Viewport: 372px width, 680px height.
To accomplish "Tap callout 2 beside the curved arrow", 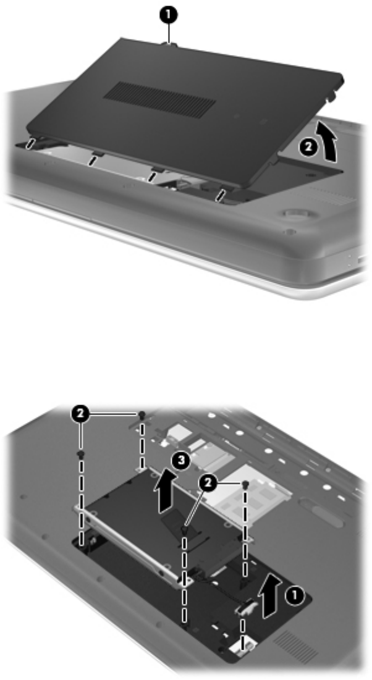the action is pos(307,148).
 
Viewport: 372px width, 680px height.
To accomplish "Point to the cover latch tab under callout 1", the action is pos(169,43).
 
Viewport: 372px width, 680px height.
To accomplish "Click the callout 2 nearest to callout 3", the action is pos(208,484).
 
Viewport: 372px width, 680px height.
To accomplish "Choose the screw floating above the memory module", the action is pos(245,484).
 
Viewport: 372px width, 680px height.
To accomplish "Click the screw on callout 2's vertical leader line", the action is pos(80,454).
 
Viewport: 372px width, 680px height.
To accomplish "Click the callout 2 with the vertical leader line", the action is pos(80,415).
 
